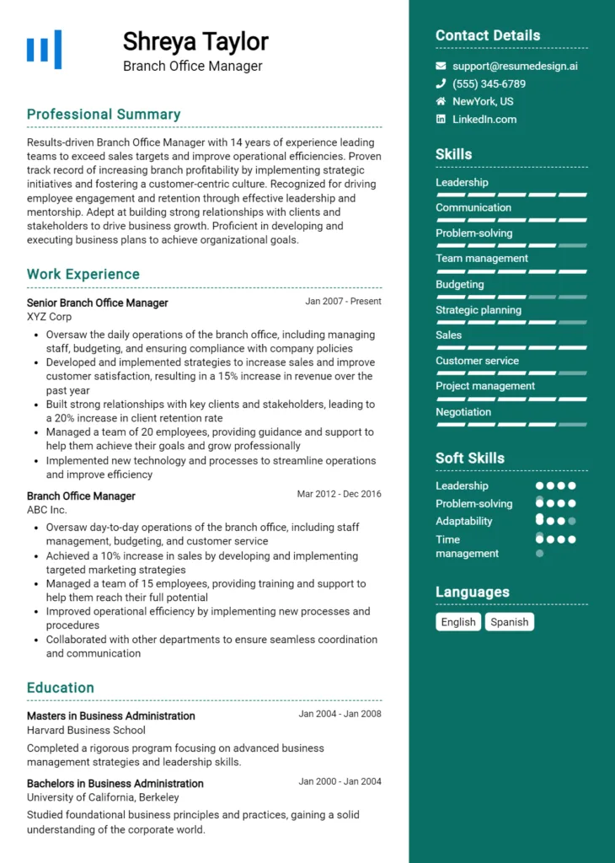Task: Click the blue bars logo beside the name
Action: (44, 49)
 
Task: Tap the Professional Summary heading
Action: (104, 115)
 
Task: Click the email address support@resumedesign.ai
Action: (515, 66)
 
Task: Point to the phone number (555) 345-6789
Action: (489, 83)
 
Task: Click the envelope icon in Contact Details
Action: (441, 66)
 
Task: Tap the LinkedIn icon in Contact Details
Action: (441, 119)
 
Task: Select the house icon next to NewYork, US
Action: (441, 101)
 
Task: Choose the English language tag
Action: (458, 622)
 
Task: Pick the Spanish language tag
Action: (510, 622)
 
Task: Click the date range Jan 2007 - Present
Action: (343, 301)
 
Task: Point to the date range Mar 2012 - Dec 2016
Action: (339, 494)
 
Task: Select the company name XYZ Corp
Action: (49, 317)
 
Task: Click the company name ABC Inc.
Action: (46, 510)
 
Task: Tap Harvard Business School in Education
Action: (86, 730)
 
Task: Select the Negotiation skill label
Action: (463, 412)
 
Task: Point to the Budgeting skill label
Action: (459, 284)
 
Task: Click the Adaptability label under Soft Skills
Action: (463, 521)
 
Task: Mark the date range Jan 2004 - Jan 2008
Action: (340, 714)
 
